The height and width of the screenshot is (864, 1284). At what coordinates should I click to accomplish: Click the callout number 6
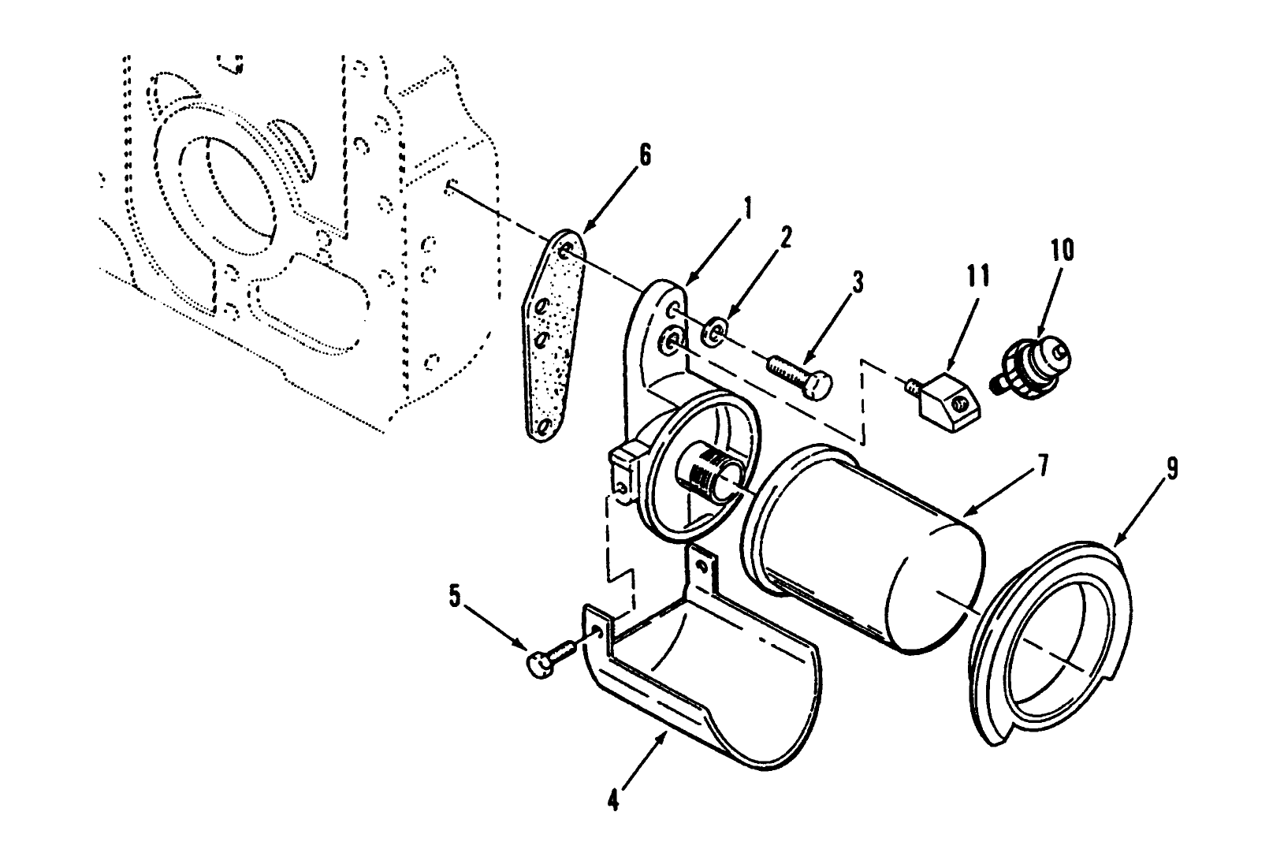645,155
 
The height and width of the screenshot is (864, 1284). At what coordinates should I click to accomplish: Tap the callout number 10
1061,251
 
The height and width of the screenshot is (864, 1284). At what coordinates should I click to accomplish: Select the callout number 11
980,277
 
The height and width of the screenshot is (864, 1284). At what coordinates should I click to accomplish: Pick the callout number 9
1171,470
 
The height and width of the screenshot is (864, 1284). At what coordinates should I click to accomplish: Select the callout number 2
785,236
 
